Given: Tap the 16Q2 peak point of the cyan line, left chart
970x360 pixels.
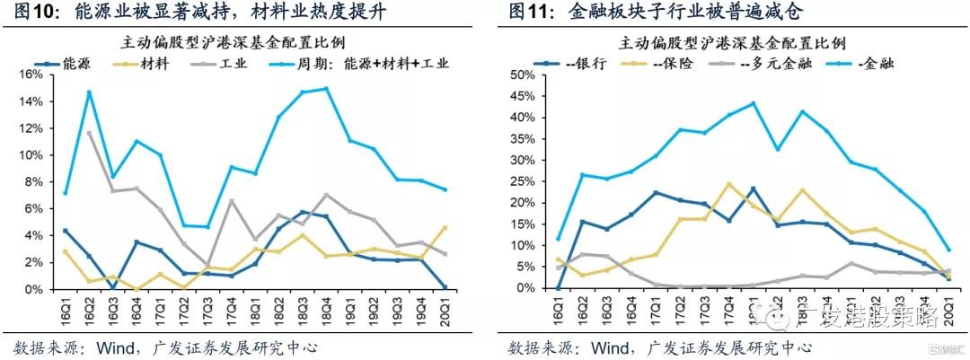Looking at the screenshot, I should [x=89, y=92].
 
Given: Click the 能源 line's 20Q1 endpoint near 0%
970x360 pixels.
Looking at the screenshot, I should [x=445, y=287].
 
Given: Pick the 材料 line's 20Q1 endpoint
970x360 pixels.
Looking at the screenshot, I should [x=445, y=228].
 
